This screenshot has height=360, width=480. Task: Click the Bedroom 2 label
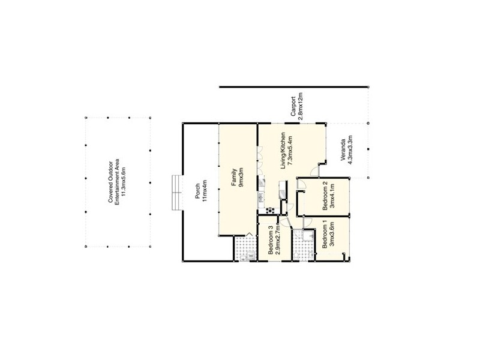(325, 195)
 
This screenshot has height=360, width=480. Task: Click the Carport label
(294, 105)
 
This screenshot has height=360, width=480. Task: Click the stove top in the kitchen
(271, 209)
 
